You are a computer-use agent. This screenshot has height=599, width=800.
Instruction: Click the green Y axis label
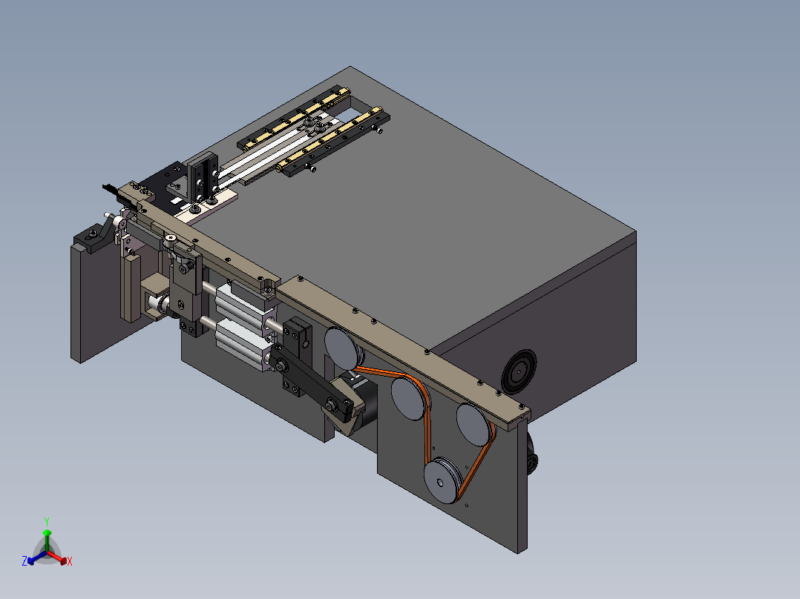[47, 521]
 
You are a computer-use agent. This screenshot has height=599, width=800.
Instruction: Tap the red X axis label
[70, 561]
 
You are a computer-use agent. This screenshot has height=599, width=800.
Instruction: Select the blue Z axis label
[24, 561]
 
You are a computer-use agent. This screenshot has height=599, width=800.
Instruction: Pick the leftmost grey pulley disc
[343, 348]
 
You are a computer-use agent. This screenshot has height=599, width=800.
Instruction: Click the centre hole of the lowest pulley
[440, 483]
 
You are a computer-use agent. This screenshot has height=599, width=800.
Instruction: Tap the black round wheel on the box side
[519, 371]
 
